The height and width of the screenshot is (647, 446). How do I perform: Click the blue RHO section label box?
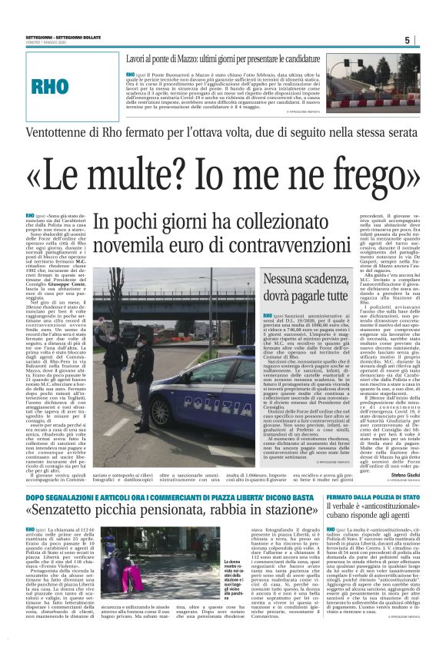click(61, 87)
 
